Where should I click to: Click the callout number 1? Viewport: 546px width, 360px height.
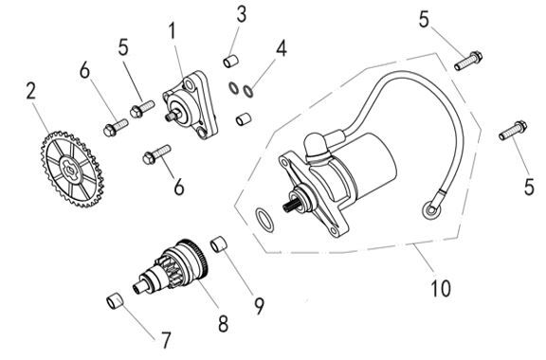pos(172,32)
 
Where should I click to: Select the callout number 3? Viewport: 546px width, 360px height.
pos(242,14)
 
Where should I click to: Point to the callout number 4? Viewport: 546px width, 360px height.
pos(282,48)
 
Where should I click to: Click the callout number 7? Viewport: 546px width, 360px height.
pos(166,340)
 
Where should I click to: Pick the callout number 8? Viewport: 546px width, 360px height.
pos(223,324)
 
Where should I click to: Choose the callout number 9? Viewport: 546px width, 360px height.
pos(259,306)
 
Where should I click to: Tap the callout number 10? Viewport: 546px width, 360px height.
pos(441,289)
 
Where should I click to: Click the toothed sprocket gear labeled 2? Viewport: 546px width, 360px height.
pos(72,170)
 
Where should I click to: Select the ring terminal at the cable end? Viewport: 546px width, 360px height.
pos(431,210)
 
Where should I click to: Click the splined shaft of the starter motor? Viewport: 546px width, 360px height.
pos(290,206)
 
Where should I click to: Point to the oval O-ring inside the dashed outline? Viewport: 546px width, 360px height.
pos(264,220)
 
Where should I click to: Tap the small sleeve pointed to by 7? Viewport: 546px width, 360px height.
pos(114,301)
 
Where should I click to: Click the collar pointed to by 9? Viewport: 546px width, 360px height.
pos(219,243)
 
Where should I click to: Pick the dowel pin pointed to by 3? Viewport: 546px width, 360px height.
pos(231,61)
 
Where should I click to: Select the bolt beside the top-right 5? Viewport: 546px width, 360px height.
pos(468,61)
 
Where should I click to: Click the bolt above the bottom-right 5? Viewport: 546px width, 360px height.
pos(513,130)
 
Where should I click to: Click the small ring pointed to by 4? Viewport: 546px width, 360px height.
pos(248,91)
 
